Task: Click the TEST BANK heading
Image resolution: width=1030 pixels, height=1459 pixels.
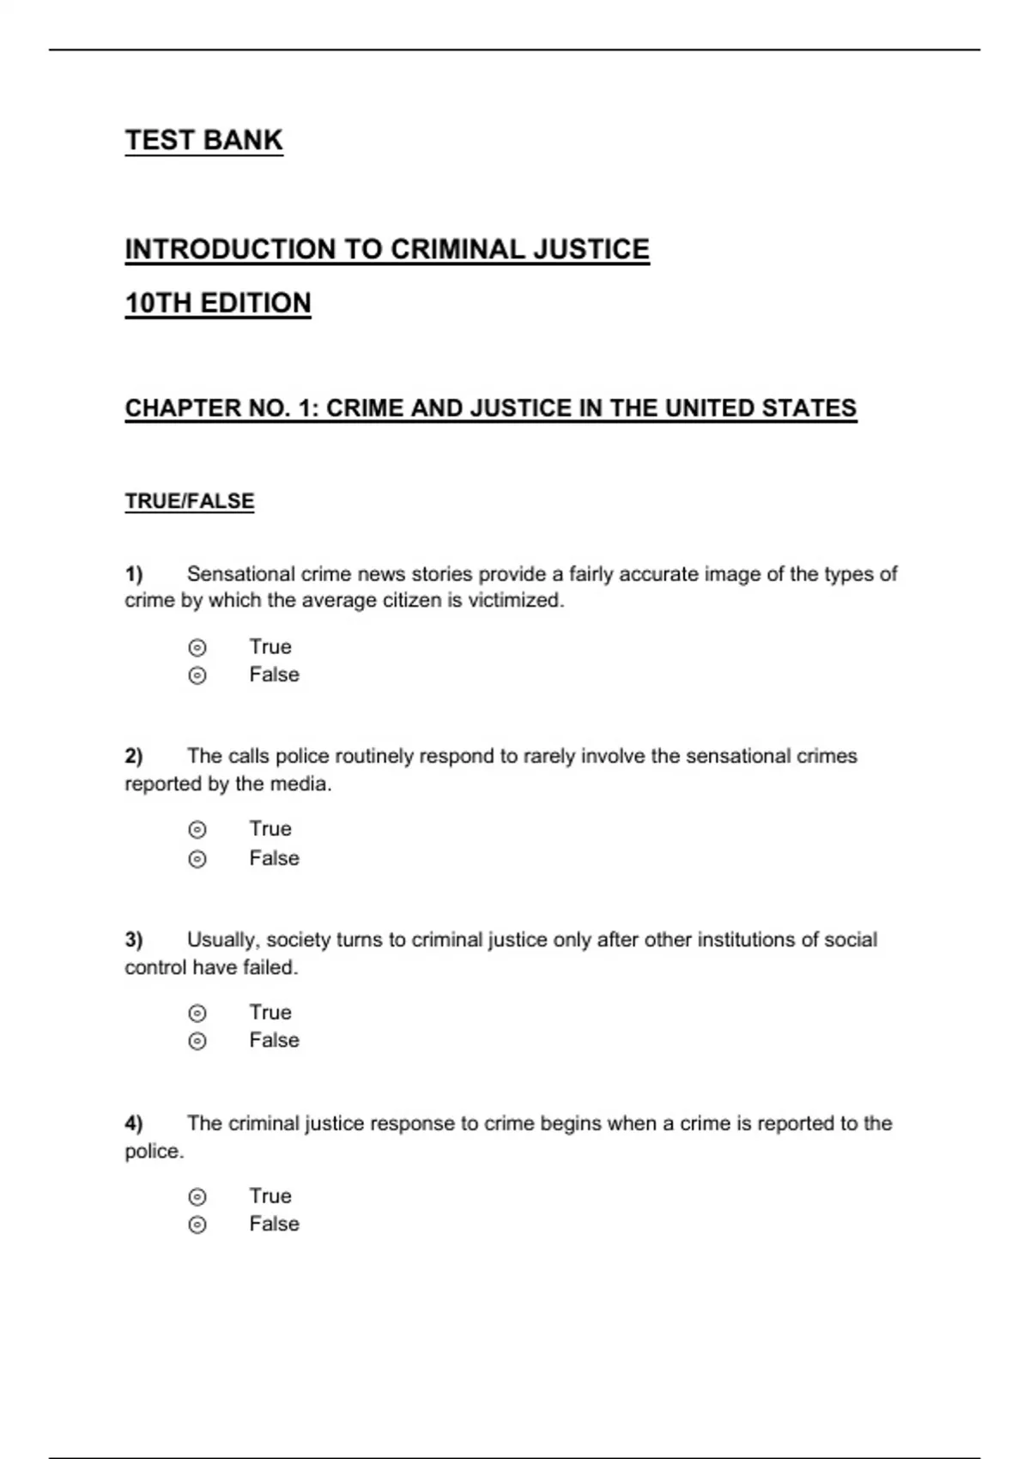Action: [x=203, y=140]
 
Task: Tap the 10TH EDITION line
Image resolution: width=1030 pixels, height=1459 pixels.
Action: [x=218, y=303]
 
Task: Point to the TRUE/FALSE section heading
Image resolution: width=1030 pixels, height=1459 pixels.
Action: [x=190, y=501]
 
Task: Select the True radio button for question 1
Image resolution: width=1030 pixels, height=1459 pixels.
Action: [x=197, y=648]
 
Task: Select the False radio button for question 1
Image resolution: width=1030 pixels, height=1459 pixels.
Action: [x=197, y=676]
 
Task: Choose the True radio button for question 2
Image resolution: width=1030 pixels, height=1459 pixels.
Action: [x=197, y=830]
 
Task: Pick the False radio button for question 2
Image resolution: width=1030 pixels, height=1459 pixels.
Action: [x=197, y=859]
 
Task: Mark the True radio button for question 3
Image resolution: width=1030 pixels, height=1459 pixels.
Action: [x=197, y=1014]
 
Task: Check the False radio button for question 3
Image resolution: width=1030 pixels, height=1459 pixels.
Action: [x=197, y=1041]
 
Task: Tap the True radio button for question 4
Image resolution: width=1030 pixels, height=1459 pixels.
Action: [x=197, y=1197]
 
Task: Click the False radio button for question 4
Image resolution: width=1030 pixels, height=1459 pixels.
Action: [x=197, y=1225]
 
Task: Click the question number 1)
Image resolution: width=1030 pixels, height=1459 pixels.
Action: [x=134, y=573]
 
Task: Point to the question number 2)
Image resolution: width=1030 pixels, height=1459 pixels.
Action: [x=134, y=756]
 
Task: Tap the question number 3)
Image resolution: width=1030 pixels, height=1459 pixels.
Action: [x=134, y=940]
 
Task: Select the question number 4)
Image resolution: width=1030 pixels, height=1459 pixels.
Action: [x=134, y=1123]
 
